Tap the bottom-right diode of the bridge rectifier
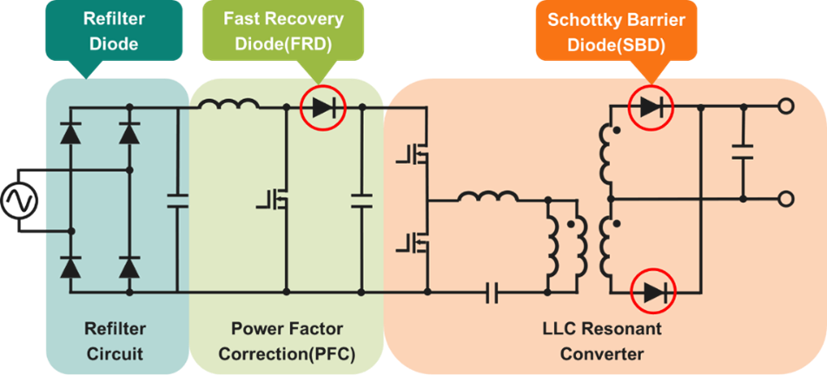pos(129,268)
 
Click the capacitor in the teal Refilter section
pos(176,201)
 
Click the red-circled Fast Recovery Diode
pos(323,108)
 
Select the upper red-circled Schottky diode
pos(652,108)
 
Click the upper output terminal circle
pos(786,108)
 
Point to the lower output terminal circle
pos(786,200)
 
